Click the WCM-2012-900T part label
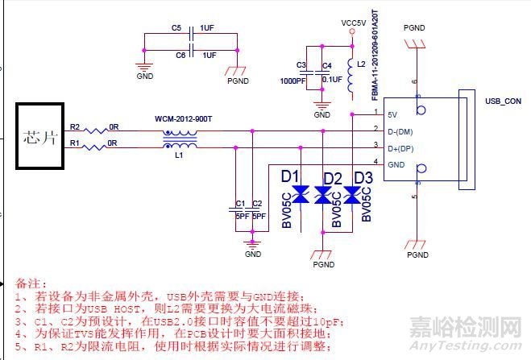coord(183,119)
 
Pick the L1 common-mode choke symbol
coord(180,139)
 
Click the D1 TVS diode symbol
coord(301,193)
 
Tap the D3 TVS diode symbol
coord(351,194)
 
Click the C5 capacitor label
coord(176,27)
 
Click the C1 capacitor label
coord(240,204)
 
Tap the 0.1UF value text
coord(332,79)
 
